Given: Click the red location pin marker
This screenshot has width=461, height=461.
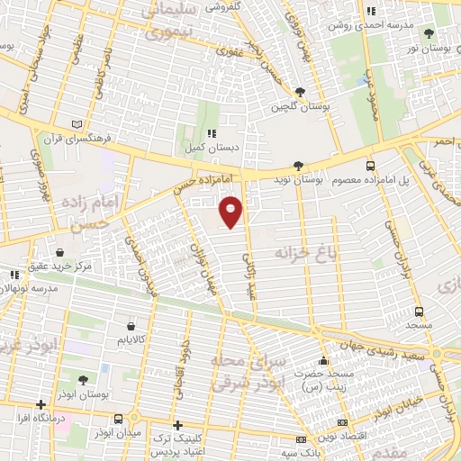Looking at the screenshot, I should click(231, 210).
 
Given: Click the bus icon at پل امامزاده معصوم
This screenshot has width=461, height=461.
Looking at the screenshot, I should click(370, 165).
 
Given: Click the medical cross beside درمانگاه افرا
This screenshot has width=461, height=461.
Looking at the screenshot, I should click(40, 404).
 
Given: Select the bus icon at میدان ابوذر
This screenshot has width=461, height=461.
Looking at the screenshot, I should click(119, 419).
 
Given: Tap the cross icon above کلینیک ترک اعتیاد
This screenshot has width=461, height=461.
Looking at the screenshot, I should click(177, 424).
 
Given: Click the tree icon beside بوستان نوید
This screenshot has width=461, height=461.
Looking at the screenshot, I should click(298, 165).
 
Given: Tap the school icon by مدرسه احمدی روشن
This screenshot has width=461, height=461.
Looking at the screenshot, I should click(370, 11).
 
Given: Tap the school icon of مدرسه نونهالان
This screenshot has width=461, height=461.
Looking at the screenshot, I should click(13, 275).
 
